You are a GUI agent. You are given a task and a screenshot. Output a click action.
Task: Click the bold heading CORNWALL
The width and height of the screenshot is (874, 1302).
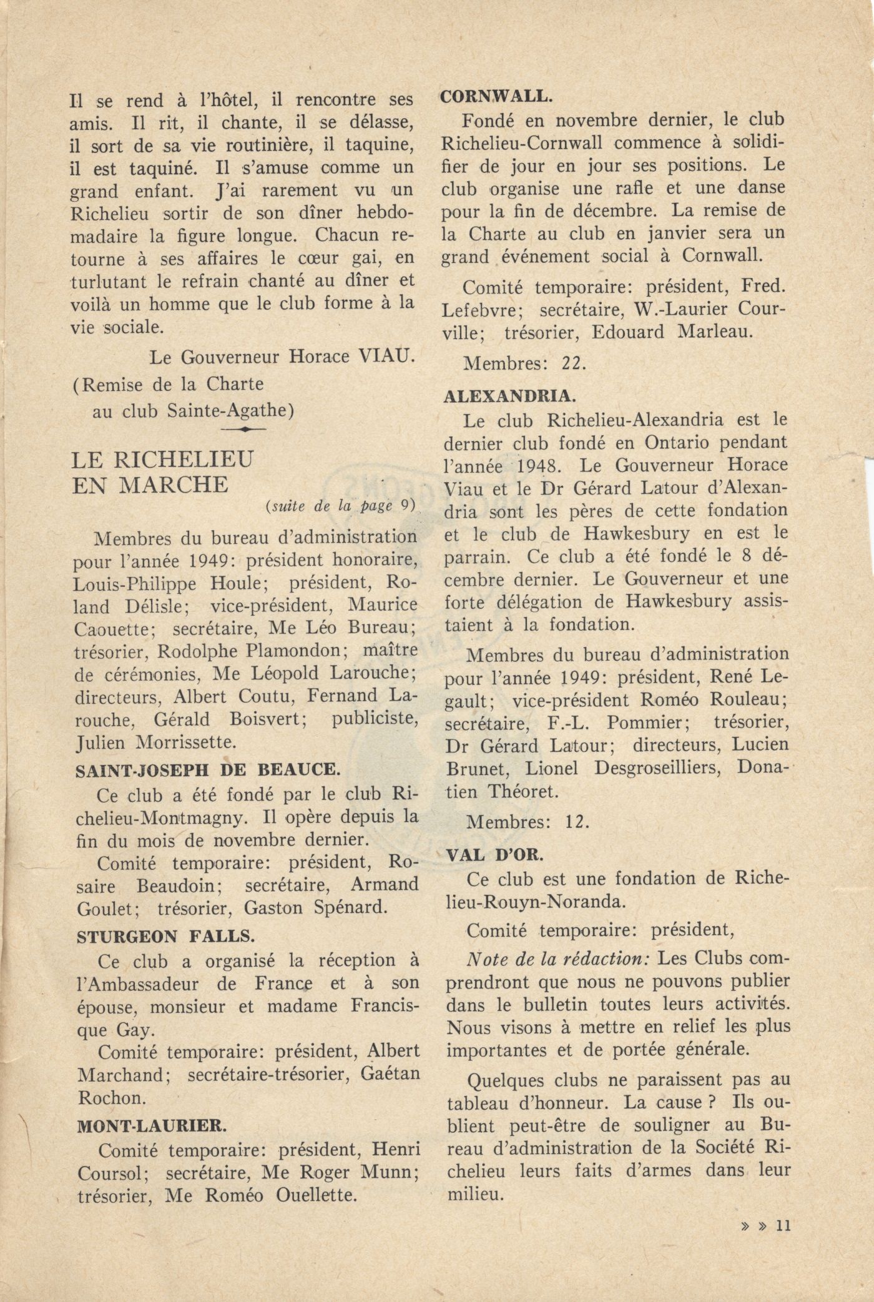pyautogui.click(x=496, y=97)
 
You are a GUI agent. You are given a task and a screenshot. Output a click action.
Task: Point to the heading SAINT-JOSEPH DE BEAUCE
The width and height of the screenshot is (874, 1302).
pyautogui.click(x=208, y=770)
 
